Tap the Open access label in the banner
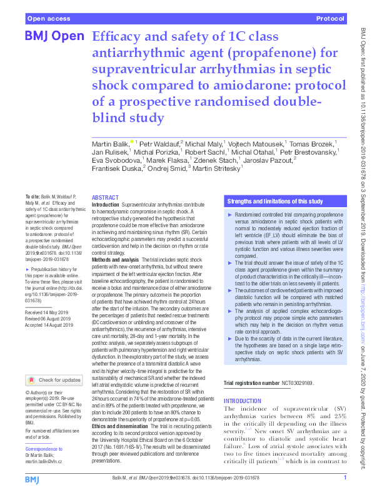coord(49,19)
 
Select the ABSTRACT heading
coord(104,197)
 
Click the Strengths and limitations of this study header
coord(275,202)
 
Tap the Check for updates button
coord(54,380)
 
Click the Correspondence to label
coord(44,449)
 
